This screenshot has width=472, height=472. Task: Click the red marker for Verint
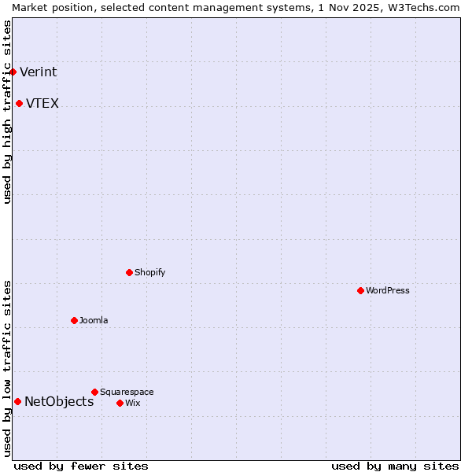coord(13,72)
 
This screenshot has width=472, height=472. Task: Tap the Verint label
coord(38,72)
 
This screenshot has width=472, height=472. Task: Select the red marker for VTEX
coord(19,103)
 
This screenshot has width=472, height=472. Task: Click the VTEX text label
coord(42,104)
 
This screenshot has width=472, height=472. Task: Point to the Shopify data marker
coord(129,272)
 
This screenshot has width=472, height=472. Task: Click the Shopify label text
coord(149,273)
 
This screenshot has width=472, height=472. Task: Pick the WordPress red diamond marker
coord(360,290)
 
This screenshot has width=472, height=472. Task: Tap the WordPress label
coord(387,291)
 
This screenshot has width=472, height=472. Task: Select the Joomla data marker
coord(74,320)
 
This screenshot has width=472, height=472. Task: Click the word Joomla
coord(94,321)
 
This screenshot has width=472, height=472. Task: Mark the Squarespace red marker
coord(94,392)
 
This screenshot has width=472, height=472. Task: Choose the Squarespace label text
coord(127,393)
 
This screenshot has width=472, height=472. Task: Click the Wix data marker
coord(120,403)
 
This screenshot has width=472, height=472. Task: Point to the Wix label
coord(132,404)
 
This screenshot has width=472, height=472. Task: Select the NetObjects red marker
coord(17,401)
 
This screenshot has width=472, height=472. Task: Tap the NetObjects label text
coord(59,402)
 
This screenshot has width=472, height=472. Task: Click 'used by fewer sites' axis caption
coord(81,466)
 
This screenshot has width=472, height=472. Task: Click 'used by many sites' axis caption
coord(395,466)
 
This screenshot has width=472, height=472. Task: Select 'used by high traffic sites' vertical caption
coord(7,112)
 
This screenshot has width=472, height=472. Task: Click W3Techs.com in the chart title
coord(422,7)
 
